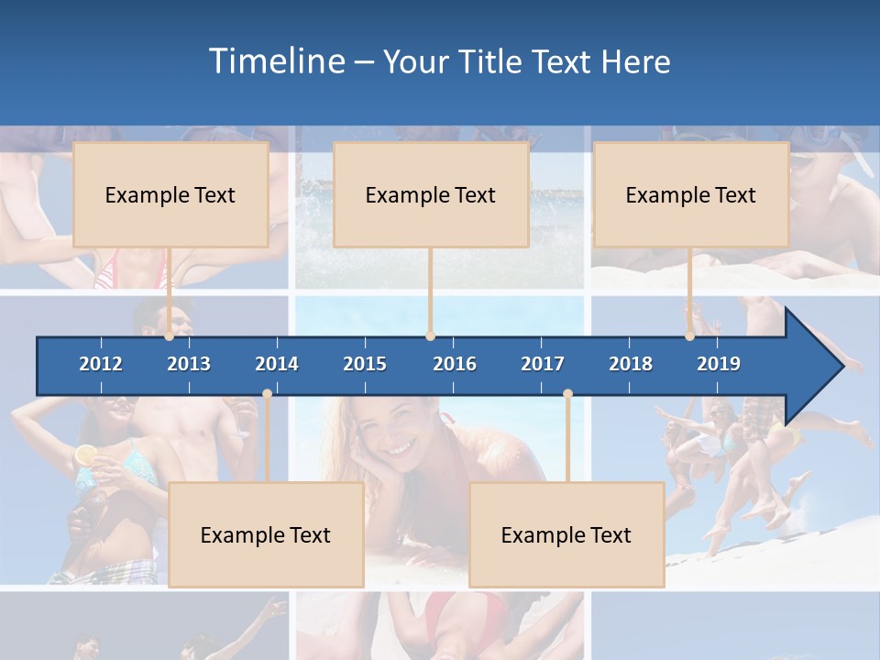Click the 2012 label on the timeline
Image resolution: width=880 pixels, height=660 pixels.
tap(101, 364)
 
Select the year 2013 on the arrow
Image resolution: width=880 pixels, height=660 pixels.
tap(189, 364)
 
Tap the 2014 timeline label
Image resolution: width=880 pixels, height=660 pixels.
tap(277, 364)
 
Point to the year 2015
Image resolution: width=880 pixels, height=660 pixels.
tap(365, 364)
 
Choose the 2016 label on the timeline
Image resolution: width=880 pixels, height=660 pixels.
tap(455, 364)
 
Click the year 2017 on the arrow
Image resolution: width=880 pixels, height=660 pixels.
tap(543, 364)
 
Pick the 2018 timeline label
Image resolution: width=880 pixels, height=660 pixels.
tap(631, 364)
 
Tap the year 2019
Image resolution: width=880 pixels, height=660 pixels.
tap(719, 364)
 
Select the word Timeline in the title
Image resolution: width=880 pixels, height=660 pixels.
tap(277, 61)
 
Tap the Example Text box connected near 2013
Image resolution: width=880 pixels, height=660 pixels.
tap(170, 194)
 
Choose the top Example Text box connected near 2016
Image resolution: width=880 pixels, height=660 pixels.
tap(431, 194)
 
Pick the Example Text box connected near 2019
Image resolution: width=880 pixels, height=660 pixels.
tap(691, 194)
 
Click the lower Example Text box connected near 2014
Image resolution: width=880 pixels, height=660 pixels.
tap(266, 534)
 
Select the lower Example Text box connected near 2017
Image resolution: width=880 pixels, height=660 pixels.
tap(566, 534)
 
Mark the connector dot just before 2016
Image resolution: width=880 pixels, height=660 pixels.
tap(430, 336)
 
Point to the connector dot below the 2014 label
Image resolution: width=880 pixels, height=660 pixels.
tap(267, 394)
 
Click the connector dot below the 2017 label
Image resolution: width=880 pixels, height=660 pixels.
tap(567, 394)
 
